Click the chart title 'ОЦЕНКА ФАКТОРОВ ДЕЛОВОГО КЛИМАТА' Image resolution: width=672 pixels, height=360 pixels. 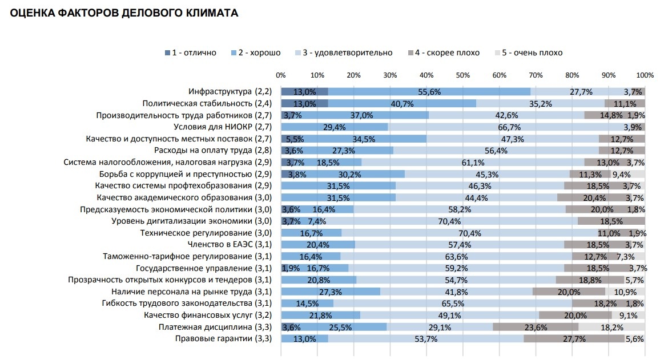tap(120, 13)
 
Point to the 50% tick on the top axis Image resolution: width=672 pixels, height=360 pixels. tap(463, 75)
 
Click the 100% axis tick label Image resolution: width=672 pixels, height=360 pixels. tap(645, 75)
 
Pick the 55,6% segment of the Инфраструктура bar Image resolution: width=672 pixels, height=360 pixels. tap(429, 92)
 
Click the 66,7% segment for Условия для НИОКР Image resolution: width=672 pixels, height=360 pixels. tap(509, 127)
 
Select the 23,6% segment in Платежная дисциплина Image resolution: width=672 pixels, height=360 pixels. tap(536, 327)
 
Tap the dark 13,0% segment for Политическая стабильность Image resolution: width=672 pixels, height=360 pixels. tap(304, 104)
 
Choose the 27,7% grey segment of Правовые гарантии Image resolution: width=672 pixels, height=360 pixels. tap(574, 339)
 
